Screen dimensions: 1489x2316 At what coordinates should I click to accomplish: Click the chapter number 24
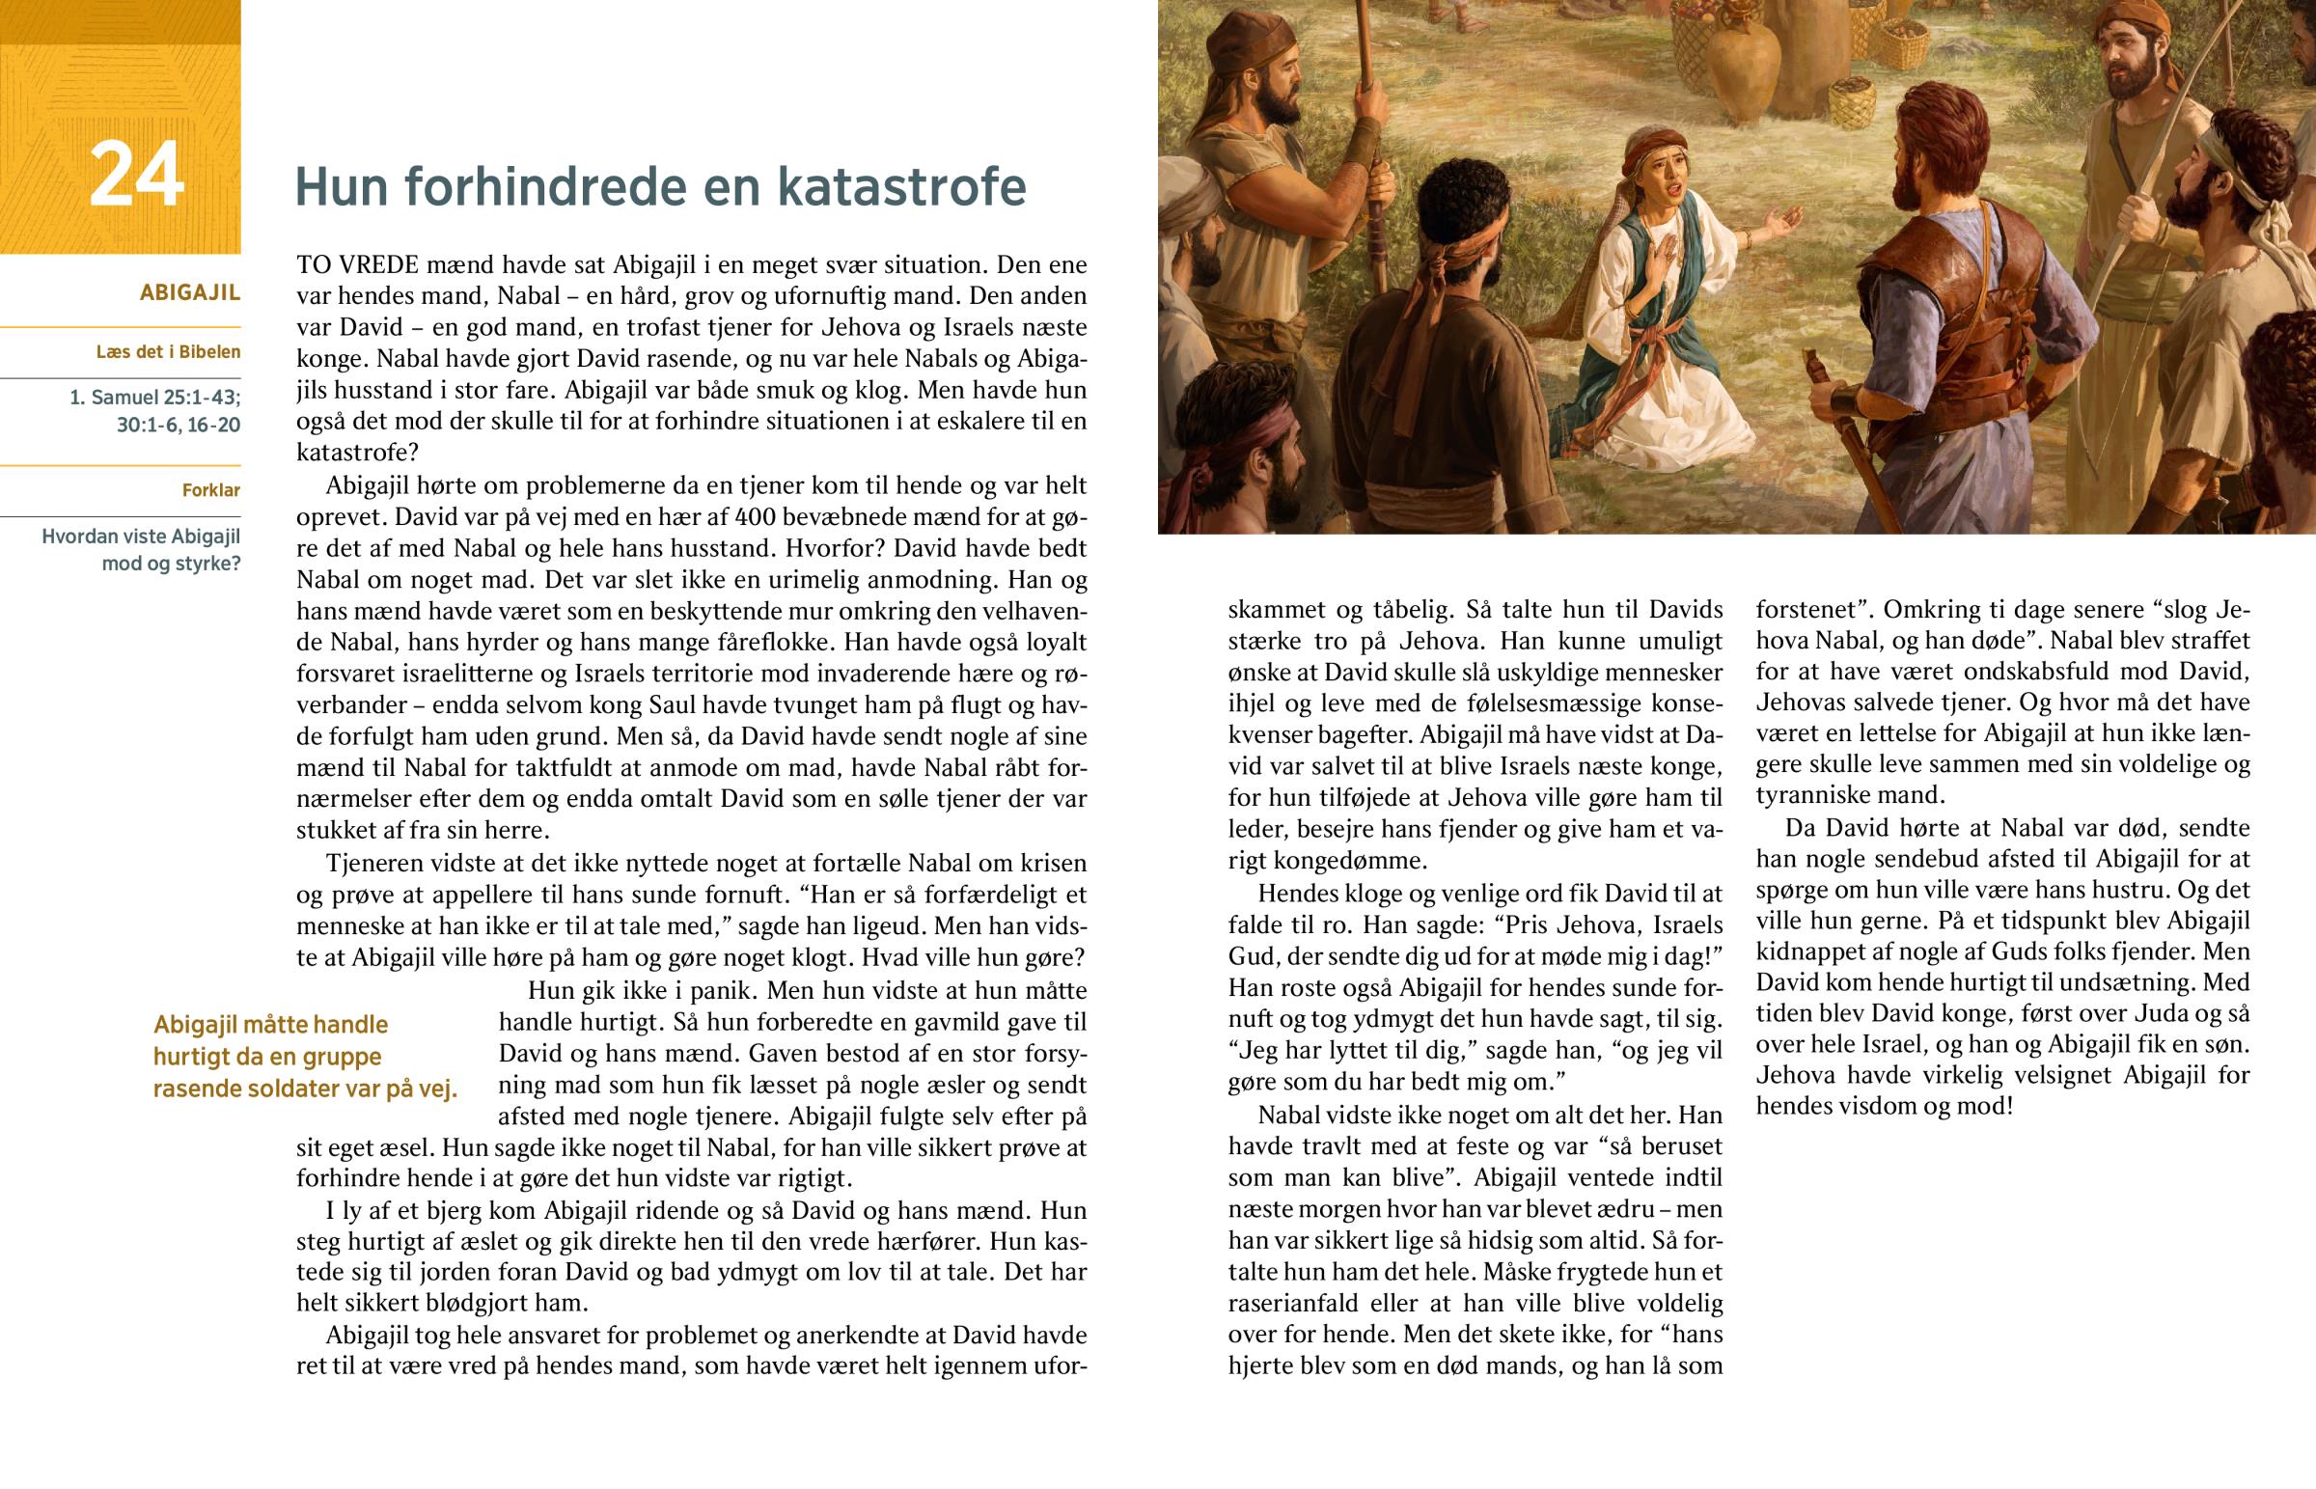tap(136, 176)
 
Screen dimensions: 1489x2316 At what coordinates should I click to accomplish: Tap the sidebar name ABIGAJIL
tap(189, 293)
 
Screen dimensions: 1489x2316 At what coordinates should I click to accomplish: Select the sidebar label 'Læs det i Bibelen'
tap(168, 352)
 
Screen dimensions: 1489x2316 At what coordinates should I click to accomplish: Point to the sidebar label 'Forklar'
tap(210, 490)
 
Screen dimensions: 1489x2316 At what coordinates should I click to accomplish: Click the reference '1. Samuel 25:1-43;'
tap(154, 398)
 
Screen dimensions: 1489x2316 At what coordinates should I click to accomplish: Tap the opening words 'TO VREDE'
tap(357, 265)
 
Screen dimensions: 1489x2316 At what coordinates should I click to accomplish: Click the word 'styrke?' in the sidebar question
tap(207, 564)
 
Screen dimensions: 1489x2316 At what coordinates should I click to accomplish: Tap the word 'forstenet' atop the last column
tap(1808, 610)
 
